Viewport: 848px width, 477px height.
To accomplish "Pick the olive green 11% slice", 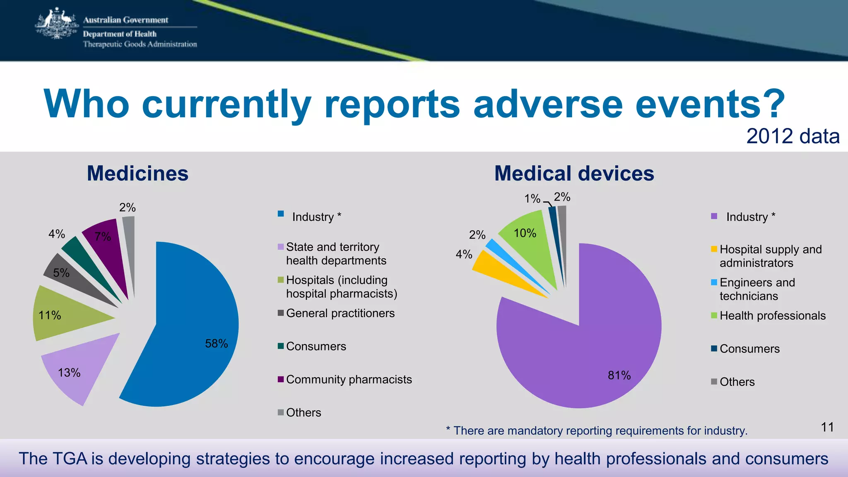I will (x=62, y=315).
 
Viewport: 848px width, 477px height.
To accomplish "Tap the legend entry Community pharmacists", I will (x=349, y=379).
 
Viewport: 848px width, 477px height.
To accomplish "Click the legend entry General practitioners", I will (x=340, y=313).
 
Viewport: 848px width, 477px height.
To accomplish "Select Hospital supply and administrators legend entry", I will (x=770, y=256).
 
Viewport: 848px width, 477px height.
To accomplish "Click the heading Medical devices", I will (x=574, y=173).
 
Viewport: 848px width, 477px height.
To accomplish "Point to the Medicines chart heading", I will (x=137, y=173).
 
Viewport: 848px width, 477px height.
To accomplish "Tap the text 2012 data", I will (x=793, y=136).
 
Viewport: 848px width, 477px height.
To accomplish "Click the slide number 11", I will (x=827, y=427).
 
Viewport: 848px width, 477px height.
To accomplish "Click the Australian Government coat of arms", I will (x=57, y=24).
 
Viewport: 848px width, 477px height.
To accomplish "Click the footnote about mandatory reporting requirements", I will (x=597, y=431).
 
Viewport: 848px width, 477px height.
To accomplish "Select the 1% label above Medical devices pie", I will (x=532, y=199).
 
